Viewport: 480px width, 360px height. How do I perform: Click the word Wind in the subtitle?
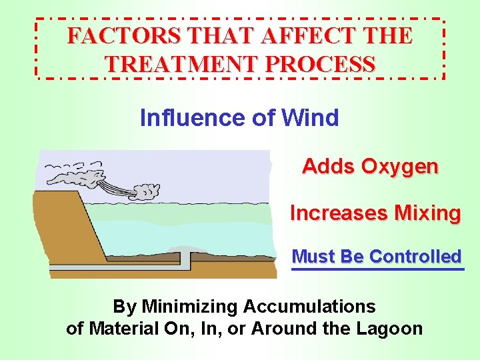(x=310, y=118)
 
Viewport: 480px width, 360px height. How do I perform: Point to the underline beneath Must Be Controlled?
(x=377, y=269)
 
